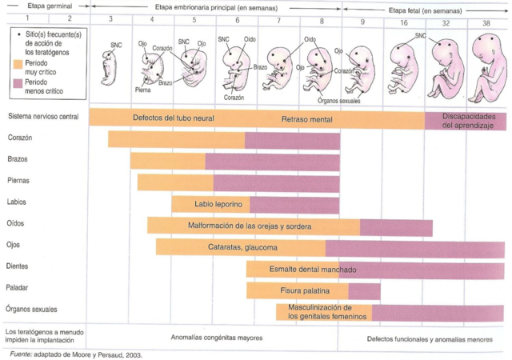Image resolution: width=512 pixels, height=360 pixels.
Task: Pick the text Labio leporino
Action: [x=210, y=204]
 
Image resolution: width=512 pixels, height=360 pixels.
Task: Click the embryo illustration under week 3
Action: [x=110, y=67]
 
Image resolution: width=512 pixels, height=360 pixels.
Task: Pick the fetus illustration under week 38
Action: [x=486, y=68]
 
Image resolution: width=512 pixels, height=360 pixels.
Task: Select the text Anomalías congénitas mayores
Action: [x=216, y=337]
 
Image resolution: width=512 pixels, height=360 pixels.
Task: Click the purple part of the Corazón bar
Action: [x=292, y=139]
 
